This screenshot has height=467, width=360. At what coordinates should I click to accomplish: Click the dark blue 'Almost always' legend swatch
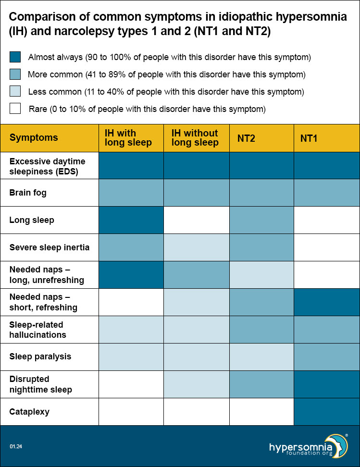click(15, 57)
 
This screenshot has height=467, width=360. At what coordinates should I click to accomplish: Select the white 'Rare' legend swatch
click(15, 109)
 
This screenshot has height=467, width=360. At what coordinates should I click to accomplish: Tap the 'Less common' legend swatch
click(15, 91)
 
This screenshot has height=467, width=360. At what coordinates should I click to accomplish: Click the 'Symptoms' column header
click(34, 138)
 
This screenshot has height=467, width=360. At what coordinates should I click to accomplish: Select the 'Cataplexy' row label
click(29, 412)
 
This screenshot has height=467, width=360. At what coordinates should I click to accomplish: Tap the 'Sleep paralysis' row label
click(40, 356)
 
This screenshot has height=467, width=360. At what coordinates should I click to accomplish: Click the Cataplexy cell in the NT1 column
click(327, 412)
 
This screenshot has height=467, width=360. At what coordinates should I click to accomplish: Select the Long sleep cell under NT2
click(261, 220)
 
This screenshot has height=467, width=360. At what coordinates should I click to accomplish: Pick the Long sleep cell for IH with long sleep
click(131, 220)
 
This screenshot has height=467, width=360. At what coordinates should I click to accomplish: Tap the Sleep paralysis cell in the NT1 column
click(327, 357)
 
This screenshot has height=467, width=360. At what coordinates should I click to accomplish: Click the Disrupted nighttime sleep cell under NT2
click(261, 384)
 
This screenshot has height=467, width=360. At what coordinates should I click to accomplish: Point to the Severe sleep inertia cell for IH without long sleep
click(196, 247)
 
